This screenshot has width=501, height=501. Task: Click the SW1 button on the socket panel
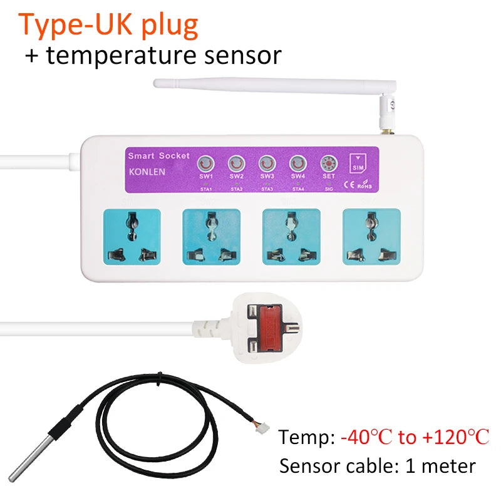click(205, 165)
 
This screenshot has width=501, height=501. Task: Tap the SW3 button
click(267, 164)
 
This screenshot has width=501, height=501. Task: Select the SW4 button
click(298, 164)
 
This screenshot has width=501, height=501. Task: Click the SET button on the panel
click(328, 164)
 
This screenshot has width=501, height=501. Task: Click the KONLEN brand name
click(147, 171)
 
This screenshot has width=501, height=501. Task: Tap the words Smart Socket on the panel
click(155, 156)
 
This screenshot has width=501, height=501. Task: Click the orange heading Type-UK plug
click(109, 24)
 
